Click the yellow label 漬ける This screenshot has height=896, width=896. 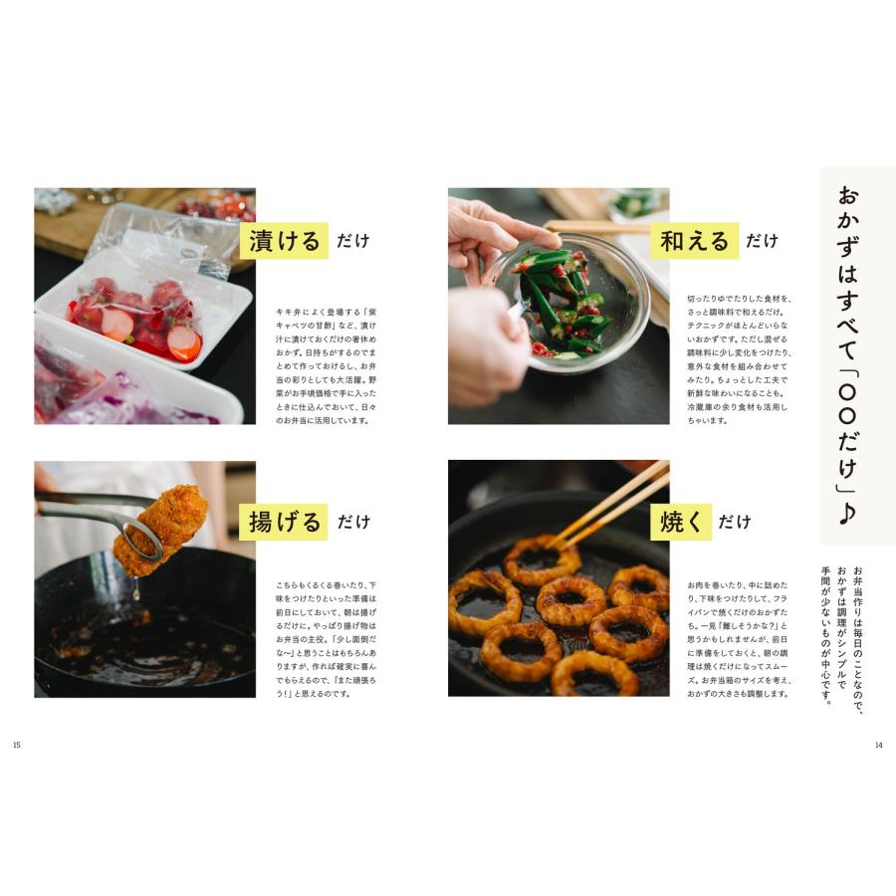pyautogui.click(x=285, y=240)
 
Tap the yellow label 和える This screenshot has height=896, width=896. pyautogui.click(x=694, y=241)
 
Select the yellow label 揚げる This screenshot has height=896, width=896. pyautogui.click(x=285, y=522)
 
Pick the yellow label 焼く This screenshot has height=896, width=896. pyautogui.click(x=681, y=522)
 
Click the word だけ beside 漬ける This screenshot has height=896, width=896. pyautogui.click(x=352, y=241)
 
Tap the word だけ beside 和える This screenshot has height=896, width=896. pyautogui.click(x=762, y=241)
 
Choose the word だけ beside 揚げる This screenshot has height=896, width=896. pyautogui.click(x=352, y=522)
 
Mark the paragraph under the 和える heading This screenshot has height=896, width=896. pyautogui.click(x=737, y=359)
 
